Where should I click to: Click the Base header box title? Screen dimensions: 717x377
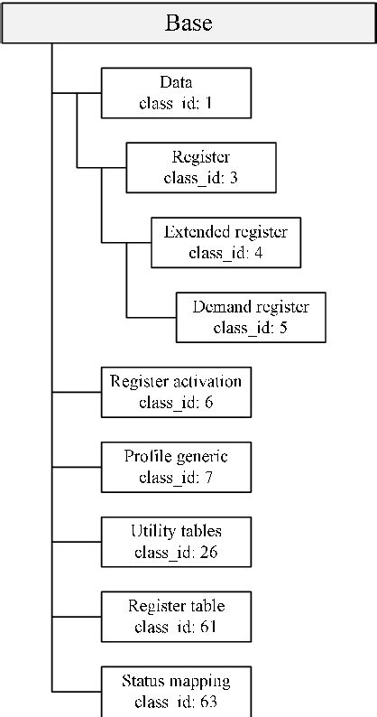pyautogui.click(x=188, y=23)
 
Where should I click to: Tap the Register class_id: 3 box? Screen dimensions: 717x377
pyautogui.click(x=188, y=166)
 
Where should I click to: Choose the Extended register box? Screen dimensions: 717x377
pyautogui.click(x=225, y=242)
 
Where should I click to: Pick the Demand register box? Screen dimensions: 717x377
pyautogui.click(x=250, y=317)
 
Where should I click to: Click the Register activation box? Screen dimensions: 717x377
pyautogui.click(x=175, y=392)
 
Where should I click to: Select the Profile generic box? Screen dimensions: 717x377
pyautogui.click(x=175, y=467)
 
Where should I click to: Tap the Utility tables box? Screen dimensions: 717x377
pyautogui.click(x=175, y=542)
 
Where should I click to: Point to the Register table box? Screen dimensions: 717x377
pyautogui.click(x=175, y=617)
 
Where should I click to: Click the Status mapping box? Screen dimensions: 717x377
pyautogui.click(x=175, y=691)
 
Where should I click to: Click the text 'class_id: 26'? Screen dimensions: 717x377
pyautogui.click(x=175, y=553)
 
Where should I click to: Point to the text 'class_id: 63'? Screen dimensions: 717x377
pyautogui.click(x=175, y=702)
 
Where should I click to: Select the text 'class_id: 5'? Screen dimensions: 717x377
pyautogui.click(x=250, y=328)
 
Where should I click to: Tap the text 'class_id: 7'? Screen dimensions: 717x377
pyautogui.click(x=175, y=478)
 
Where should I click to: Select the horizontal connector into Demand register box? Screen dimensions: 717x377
pyautogui.click(x=151, y=317)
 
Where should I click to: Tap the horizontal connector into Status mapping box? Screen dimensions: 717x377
pyautogui.click(x=77, y=691)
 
